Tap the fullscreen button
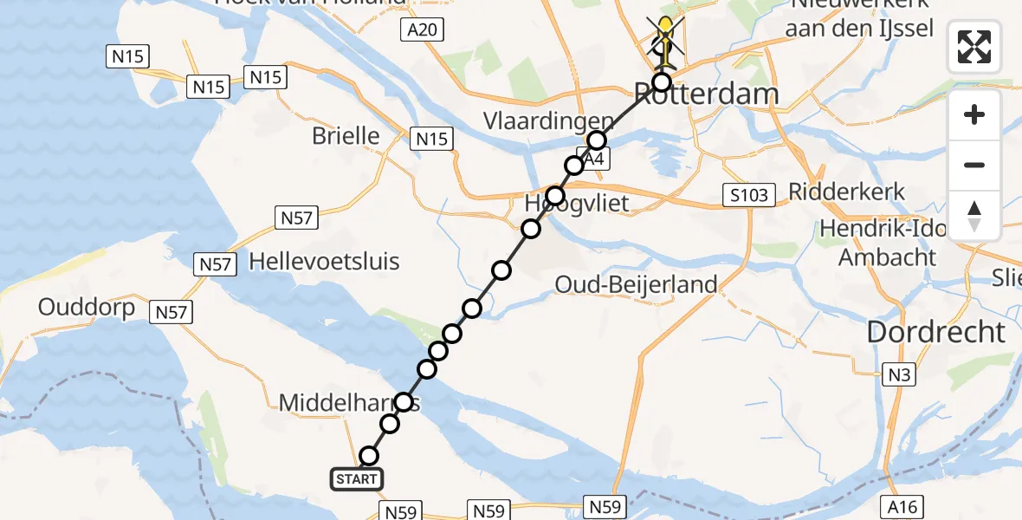[974, 47]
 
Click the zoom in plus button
[974, 114]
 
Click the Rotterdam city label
[706, 94]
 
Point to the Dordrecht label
[936, 332]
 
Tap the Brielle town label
[346, 136]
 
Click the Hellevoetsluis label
[324, 261]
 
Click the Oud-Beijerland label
[636, 283]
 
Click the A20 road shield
[424, 31]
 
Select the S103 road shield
[748, 195]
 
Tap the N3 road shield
[897, 374]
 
